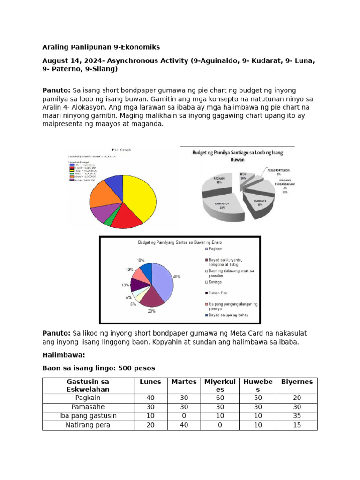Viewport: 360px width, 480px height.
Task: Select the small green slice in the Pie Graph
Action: [x=109, y=221]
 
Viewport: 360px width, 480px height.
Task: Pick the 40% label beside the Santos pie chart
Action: [x=177, y=277]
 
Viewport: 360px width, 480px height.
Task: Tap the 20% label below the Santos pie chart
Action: [x=152, y=311]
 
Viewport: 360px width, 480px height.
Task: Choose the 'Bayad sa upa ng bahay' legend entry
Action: [x=229, y=315]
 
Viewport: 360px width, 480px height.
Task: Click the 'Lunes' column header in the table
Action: [x=150, y=382]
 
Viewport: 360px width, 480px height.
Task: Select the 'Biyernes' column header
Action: [x=297, y=382]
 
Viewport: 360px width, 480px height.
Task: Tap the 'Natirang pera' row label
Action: [x=88, y=425]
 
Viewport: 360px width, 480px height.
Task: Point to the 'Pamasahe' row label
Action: [x=88, y=407]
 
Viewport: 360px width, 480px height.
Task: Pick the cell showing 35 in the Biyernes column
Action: [x=297, y=416]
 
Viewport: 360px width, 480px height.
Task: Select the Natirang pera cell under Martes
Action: [x=184, y=425]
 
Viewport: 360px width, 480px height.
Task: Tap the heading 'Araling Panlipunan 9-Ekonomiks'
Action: [x=101, y=47]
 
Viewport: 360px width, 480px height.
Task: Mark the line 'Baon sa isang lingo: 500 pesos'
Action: [x=98, y=368]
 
